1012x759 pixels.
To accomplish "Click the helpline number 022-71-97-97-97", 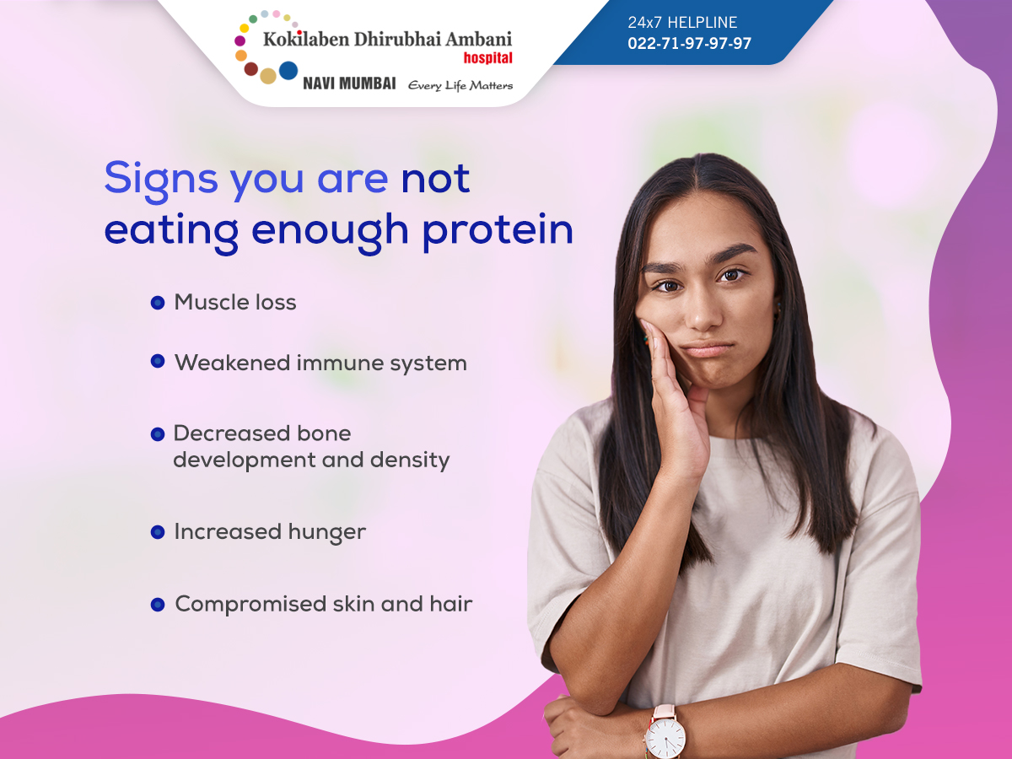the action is [x=689, y=43].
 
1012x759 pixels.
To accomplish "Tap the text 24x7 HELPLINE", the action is [x=682, y=22].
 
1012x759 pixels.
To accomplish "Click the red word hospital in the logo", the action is [x=487, y=57].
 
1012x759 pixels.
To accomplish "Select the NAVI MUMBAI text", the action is [x=349, y=83].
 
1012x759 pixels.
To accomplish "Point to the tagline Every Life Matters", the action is [x=460, y=86].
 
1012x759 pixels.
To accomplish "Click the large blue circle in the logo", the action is [x=288, y=71].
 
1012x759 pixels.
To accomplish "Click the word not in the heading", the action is [x=435, y=179].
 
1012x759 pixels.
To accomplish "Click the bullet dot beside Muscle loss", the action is [x=158, y=303].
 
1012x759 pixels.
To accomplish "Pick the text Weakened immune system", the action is [x=321, y=363].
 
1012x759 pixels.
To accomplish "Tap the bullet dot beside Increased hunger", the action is [x=158, y=532].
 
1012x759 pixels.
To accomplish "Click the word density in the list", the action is [x=410, y=460].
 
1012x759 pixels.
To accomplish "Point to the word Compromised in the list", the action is [x=250, y=605].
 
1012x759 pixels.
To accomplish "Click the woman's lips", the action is [x=707, y=349].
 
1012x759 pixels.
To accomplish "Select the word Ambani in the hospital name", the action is [x=478, y=39].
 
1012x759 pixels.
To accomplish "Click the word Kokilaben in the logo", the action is [x=306, y=39].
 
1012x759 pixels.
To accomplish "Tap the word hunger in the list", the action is [x=327, y=533].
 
